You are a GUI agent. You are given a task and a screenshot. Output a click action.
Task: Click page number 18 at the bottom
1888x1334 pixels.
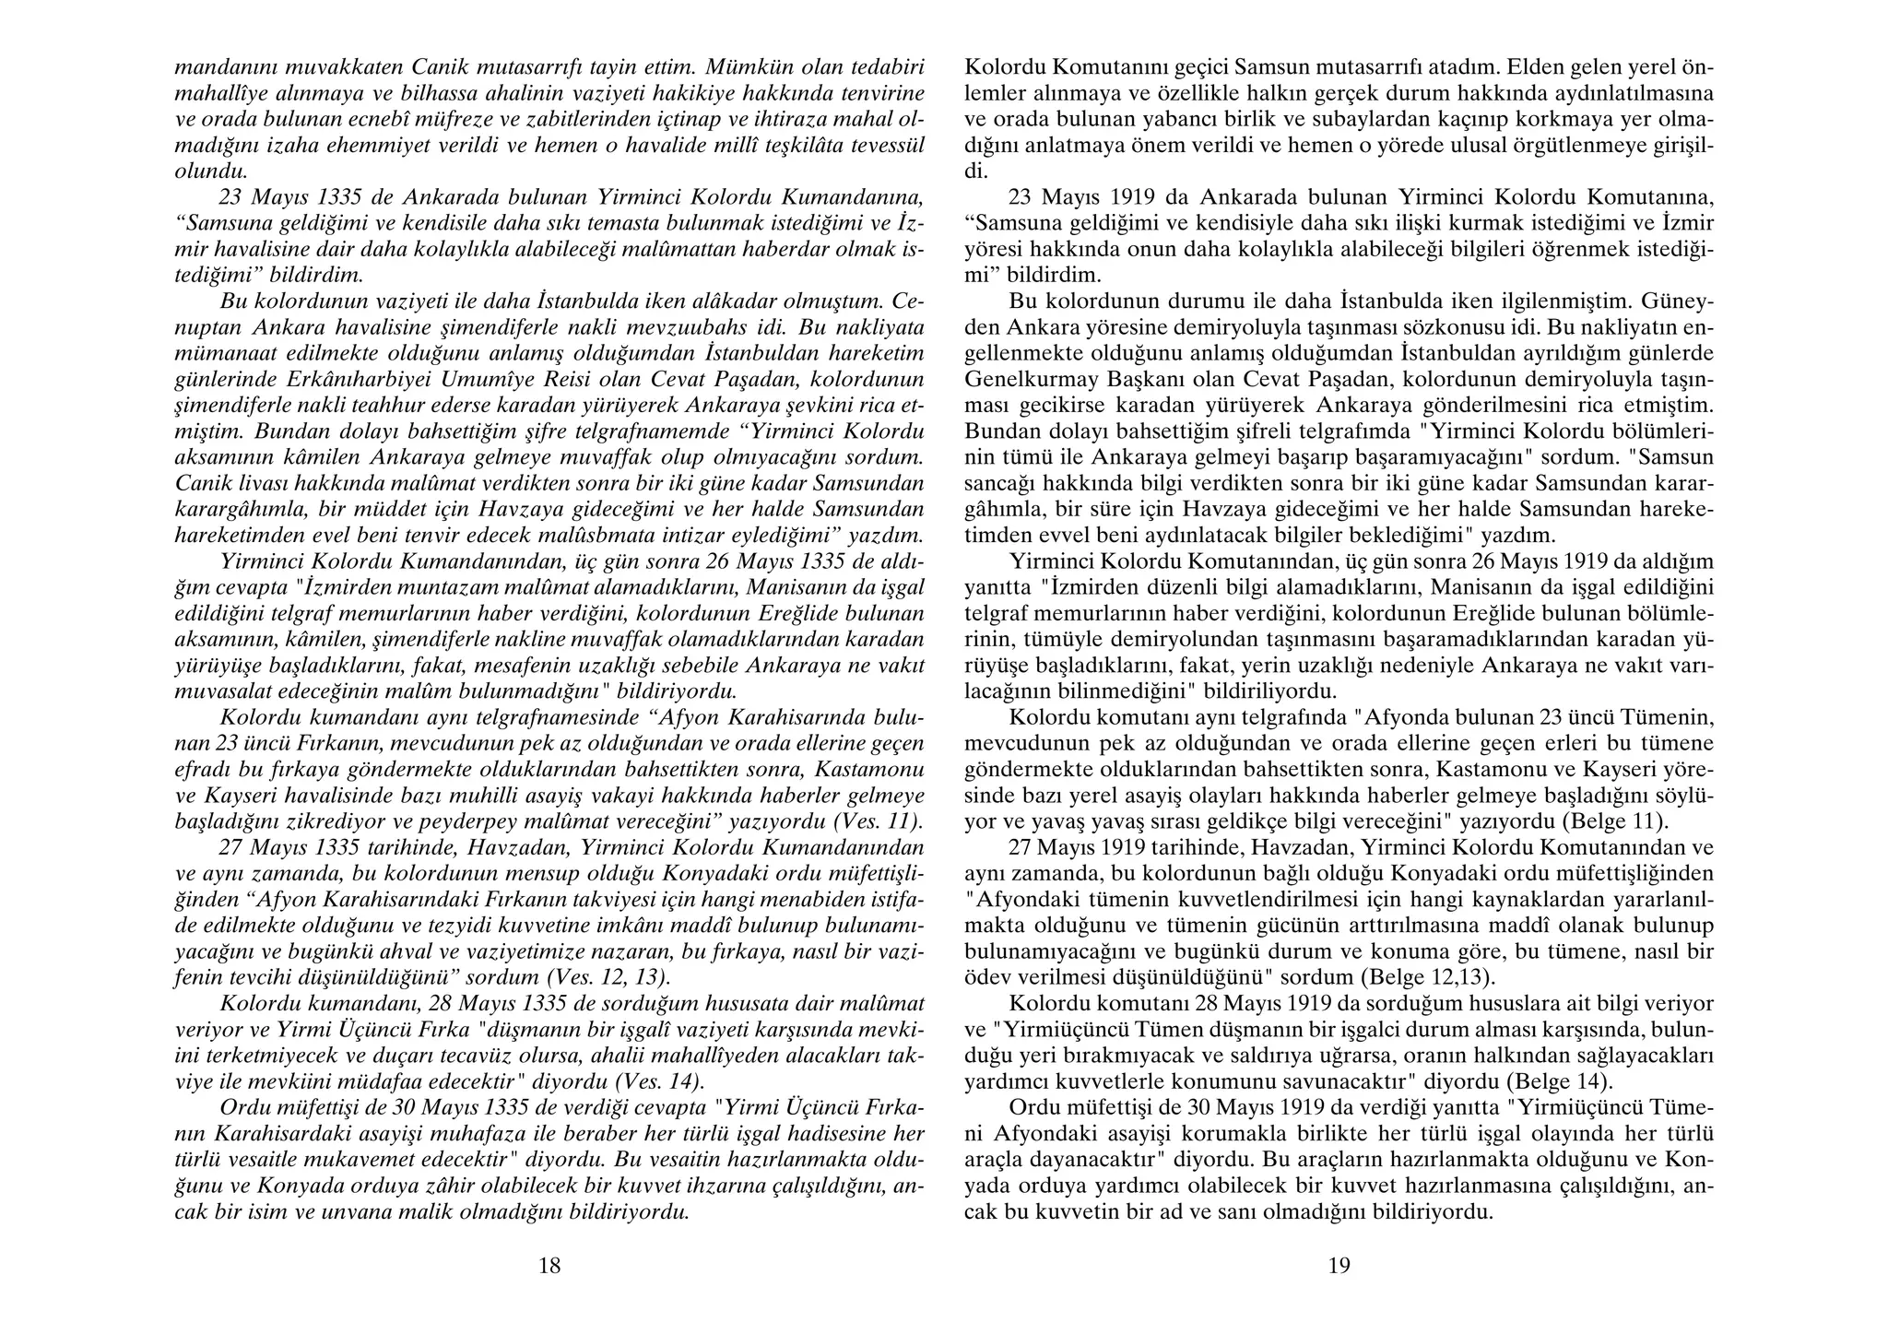click(x=549, y=1266)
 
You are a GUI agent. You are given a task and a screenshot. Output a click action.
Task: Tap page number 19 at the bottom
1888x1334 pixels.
click(x=1339, y=1266)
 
